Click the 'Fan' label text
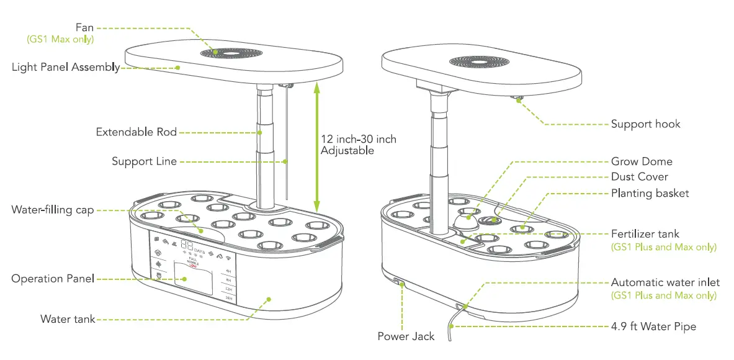tap(84, 27)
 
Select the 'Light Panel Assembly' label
tap(66, 67)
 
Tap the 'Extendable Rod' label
tap(136, 132)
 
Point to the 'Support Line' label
tap(144, 161)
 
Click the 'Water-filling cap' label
tap(53, 210)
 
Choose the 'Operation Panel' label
tap(53, 279)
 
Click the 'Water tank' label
tap(68, 319)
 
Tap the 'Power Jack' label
tap(406, 336)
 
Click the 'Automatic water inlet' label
tap(665, 282)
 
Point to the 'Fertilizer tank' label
tap(645, 234)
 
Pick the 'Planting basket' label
tap(650, 194)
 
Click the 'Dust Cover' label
tap(639, 177)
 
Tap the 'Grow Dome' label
tap(642, 161)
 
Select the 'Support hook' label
tap(645, 124)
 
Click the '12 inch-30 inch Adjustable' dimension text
tap(358, 145)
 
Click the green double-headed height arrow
tap(316, 146)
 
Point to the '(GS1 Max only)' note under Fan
tap(60, 39)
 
